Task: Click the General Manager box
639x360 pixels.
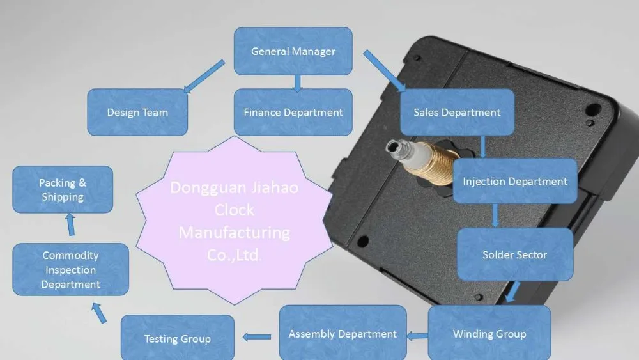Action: tap(293, 51)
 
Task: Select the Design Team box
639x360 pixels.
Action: tap(137, 112)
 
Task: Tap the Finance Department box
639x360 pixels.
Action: tap(293, 112)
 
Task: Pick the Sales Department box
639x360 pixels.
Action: tap(457, 112)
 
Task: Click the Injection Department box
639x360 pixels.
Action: tap(515, 181)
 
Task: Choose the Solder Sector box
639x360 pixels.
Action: tap(514, 254)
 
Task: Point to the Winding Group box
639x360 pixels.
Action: tap(489, 333)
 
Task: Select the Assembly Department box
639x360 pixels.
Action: tap(343, 333)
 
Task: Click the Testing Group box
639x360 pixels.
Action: tap(177, 338)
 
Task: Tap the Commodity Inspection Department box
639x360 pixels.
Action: tap(70, 269)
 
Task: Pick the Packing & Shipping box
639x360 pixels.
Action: tap(63, 190)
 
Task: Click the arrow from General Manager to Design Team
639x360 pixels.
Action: tap(204, 76)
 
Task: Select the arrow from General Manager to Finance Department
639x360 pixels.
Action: tap(297, 82)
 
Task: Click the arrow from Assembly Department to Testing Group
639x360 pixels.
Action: tap(257, 337)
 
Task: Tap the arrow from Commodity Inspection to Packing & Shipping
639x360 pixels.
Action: tap(70, 225)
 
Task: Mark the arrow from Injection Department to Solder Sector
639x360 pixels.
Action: tap(495, 215)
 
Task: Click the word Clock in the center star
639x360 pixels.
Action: tap(234, 210)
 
